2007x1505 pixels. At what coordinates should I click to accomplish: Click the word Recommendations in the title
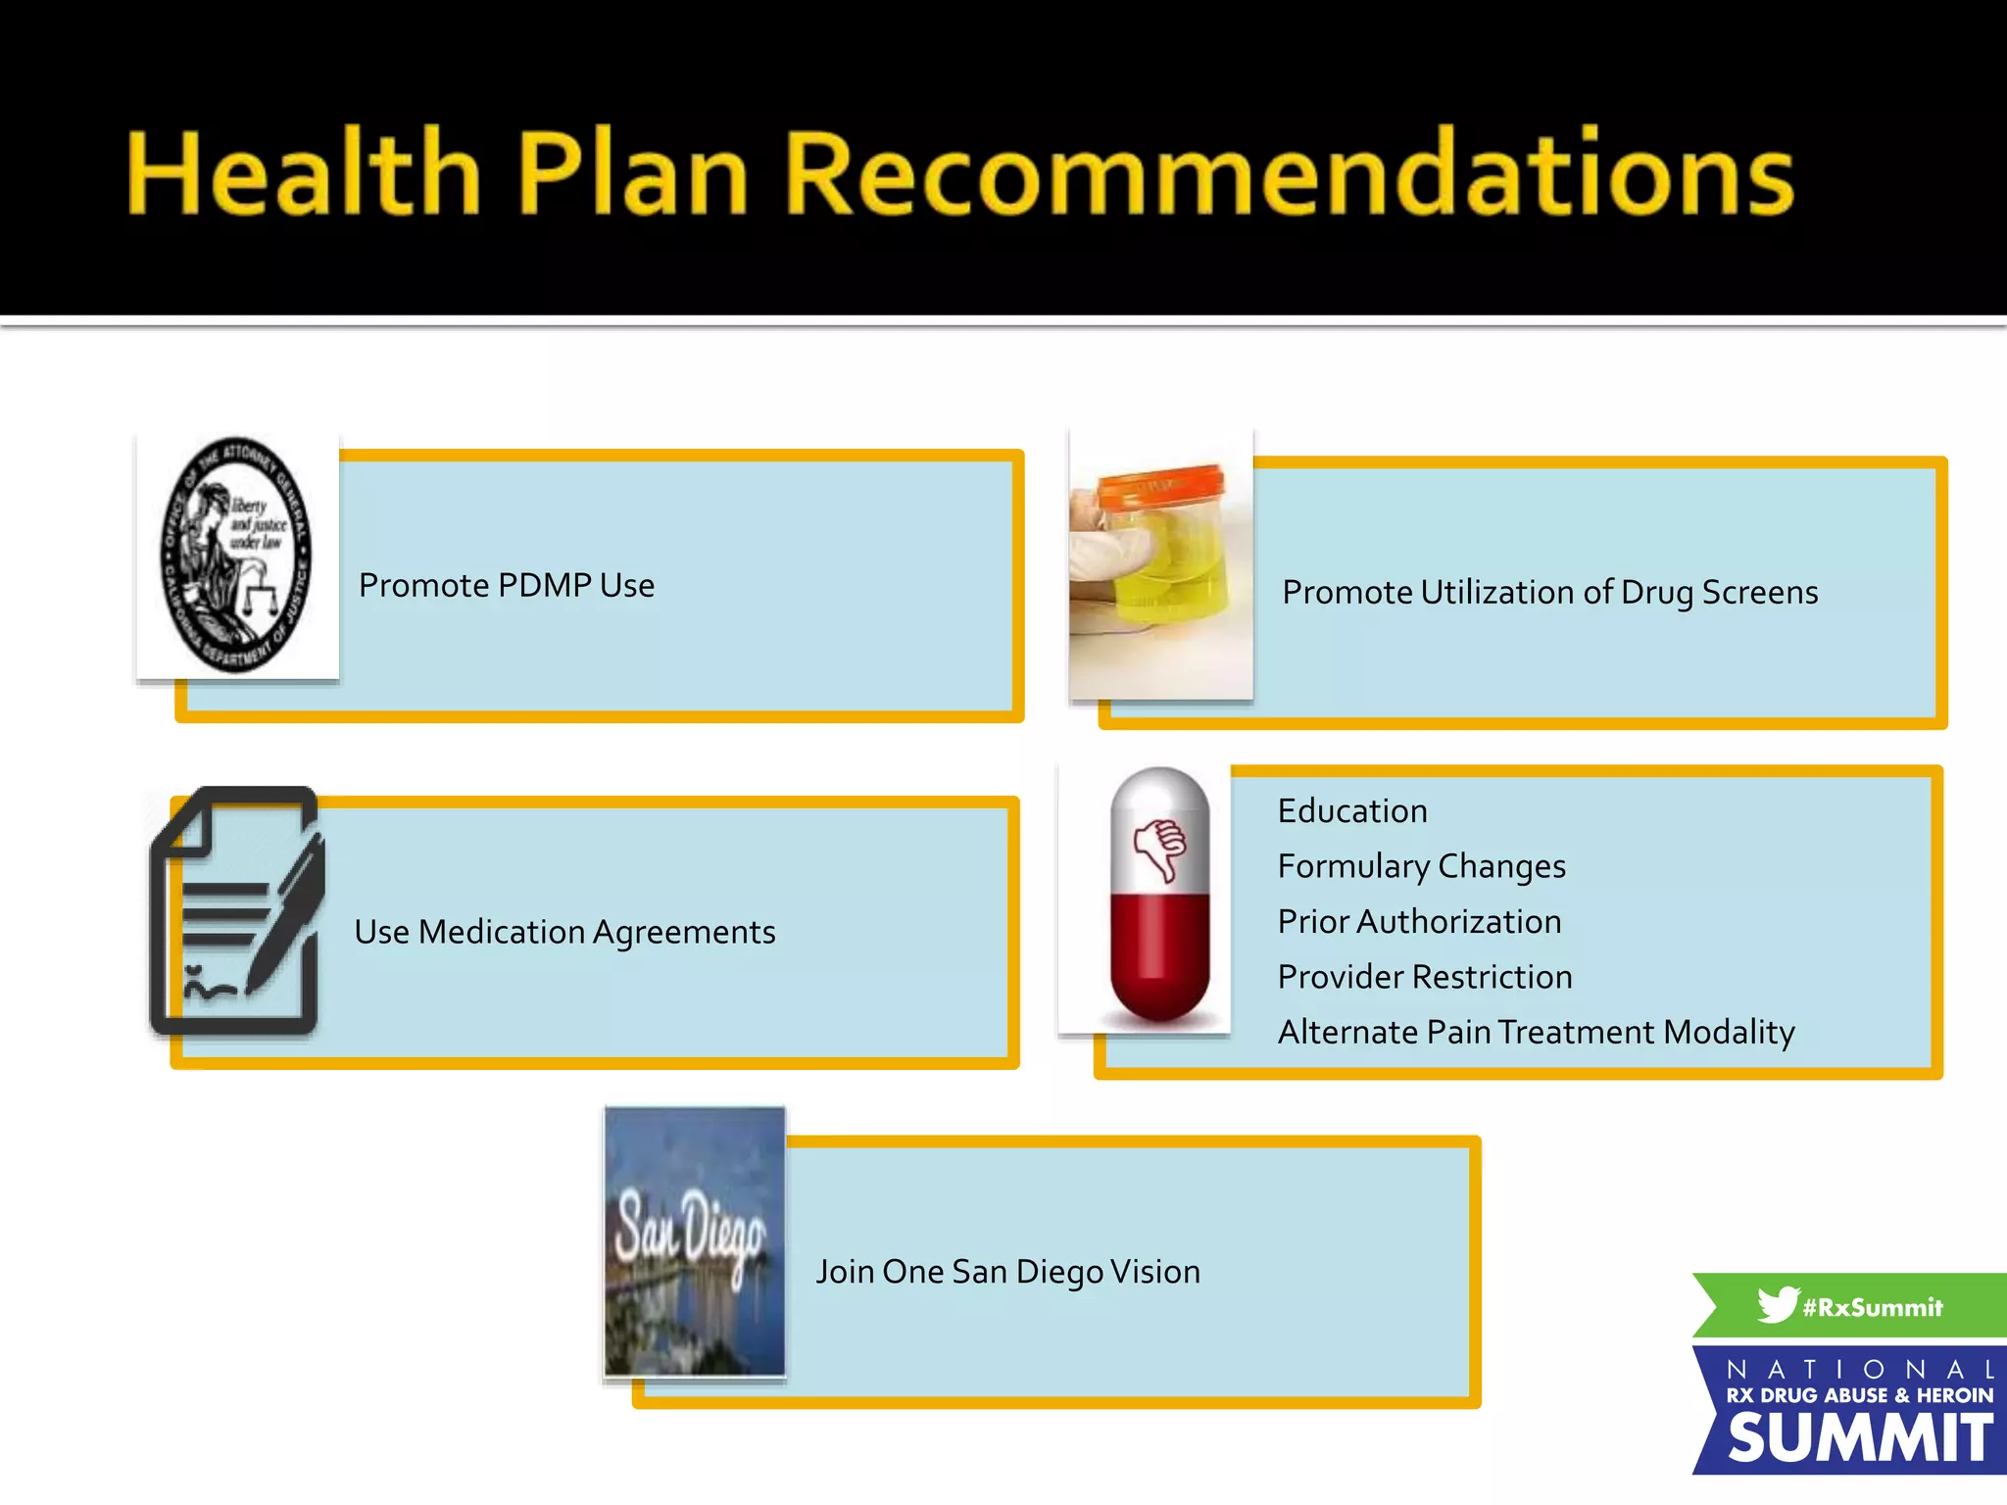[1289, 173]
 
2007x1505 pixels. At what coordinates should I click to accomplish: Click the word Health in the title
[304, 173]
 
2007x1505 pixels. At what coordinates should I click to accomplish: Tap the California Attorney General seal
[236, 556]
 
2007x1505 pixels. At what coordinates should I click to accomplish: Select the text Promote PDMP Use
[507, 586]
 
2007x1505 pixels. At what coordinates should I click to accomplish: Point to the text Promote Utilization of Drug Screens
[1549, 593]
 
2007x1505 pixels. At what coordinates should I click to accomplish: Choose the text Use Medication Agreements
[564, 932]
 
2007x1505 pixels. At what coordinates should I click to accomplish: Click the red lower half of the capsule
[1159, 960]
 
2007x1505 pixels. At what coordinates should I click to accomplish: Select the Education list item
[1352, 811]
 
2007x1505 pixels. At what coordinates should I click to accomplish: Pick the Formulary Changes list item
[1421, 867]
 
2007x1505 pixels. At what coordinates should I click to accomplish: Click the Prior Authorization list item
[1419, 922]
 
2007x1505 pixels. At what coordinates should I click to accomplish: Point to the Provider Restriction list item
[1425, 977]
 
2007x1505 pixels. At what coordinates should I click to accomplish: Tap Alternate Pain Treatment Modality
[1536, 1033]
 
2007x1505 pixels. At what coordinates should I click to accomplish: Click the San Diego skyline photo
[695, 1241]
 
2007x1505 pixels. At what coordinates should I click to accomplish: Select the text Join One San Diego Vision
[1008, 1272]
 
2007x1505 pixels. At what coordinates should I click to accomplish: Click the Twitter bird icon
[1777, 1304]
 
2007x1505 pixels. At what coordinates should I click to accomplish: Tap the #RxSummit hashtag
[1873, 1308]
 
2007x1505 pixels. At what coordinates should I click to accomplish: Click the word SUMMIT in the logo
[1859, 1438]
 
